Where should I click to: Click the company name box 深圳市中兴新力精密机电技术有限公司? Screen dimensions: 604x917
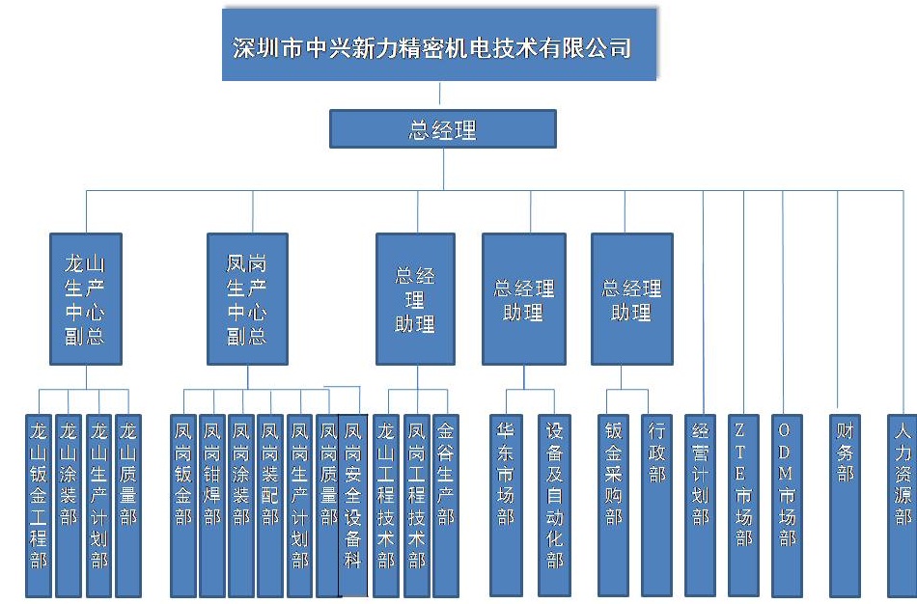click(439, 46)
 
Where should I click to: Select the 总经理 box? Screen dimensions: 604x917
click(443, 129)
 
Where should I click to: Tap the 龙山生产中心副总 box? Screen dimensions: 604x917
click(86, 299)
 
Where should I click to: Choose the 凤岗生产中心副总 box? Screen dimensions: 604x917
click(247, 299)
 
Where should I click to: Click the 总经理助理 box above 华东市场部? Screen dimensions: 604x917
click(523, 299)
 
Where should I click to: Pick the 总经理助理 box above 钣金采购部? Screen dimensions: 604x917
click(631, 299)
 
